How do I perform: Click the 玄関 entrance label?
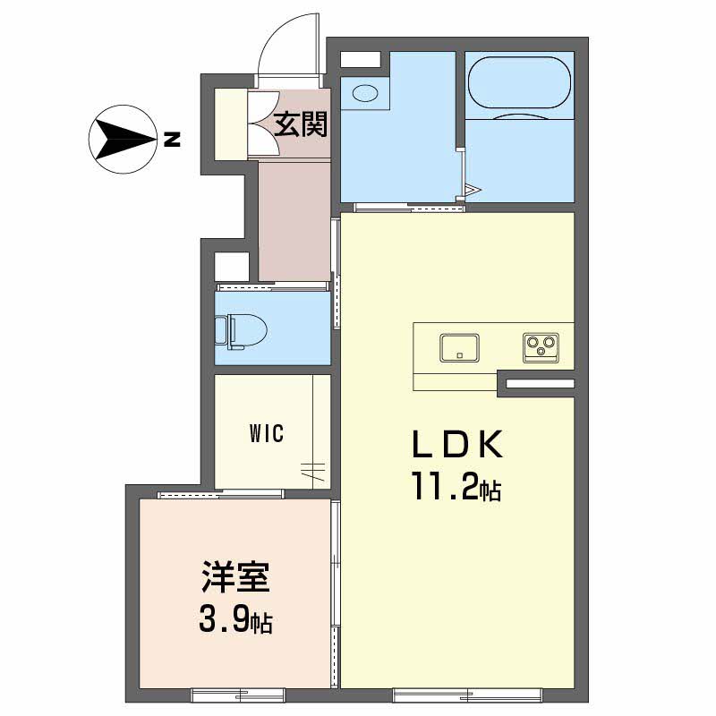(x=300, y=124)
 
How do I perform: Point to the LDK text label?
(x=459, y=445)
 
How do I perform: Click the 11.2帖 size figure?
(x=456, y=489)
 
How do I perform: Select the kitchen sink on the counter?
(x=458, y=346)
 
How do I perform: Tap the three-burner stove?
(x=541, y=346)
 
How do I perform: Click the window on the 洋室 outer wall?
(x=237, y=693)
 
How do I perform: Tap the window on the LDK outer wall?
(x=467, y=693)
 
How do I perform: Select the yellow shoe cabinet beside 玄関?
(x=230, y=124)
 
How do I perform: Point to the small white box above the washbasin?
(x=361, y=59)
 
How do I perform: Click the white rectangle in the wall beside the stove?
(x=541, y=384)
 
